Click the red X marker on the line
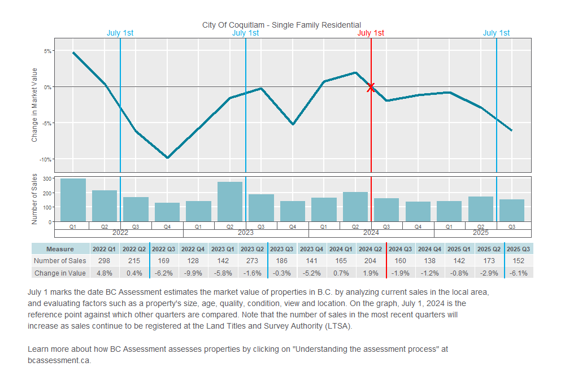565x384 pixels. tap(371, 87)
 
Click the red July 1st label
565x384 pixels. tap(371, 33)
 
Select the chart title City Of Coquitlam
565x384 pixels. tap(281, 25)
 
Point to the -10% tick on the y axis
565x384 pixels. tap(47, 158)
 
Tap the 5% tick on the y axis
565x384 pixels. tap(48, 51)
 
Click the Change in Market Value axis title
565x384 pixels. tap(34, 105)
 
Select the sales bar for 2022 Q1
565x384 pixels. tap(73, 200)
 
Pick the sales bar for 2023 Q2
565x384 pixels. tap(230, 202)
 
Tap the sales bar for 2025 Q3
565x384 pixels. tap(512, 210)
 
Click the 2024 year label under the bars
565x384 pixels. tap(371, 233)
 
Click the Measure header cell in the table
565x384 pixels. tap(60, 249)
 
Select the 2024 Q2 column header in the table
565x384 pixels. tap(371, 249)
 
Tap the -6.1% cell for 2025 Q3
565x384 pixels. tap(518, 273)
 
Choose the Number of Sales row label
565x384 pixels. tap(60, 261)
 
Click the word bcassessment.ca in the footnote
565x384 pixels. tap(59, 360)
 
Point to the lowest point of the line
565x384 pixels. tap(167, 158)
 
